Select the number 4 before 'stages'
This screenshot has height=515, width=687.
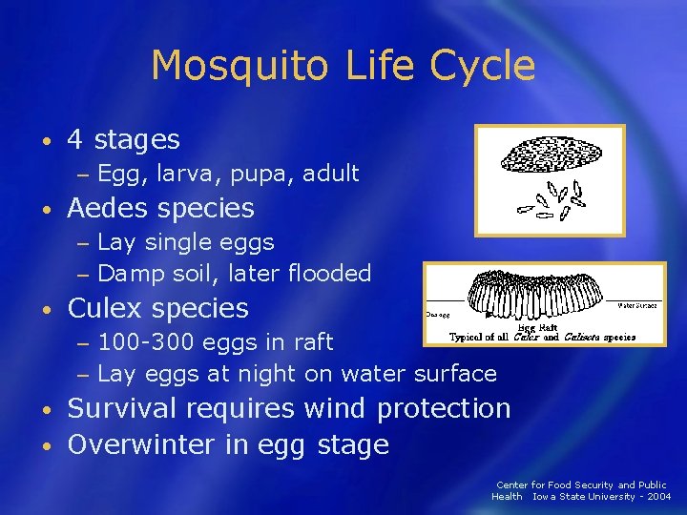(75, 140)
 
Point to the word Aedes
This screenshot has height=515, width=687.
(107, 208)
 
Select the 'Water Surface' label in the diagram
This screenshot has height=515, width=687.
(636, 306)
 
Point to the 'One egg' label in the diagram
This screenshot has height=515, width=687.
(439, 313)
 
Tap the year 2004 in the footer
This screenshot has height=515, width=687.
(657, 496)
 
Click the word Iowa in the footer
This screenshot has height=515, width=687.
(545, 496)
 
